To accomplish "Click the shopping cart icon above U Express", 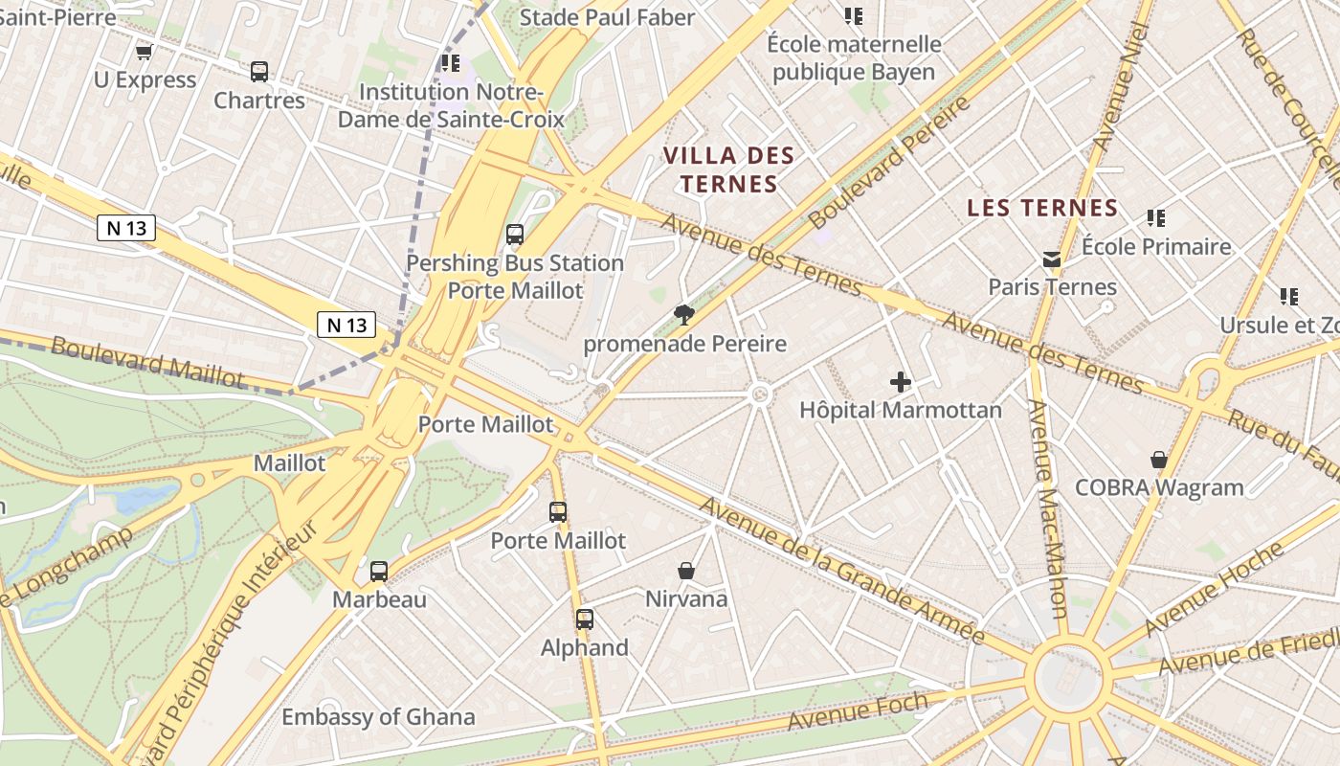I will (144, 52).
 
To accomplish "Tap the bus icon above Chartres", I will (259, 72).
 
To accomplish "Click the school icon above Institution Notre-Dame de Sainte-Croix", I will (450, 63).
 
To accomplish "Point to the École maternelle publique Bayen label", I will (854, 57).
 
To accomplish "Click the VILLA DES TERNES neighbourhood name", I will (728, 169).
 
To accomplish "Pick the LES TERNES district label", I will (1042, 208).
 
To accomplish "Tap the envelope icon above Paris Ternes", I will (1052, 259).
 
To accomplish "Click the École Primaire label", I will (1156, 246).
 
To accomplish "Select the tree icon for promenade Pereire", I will (683, 314).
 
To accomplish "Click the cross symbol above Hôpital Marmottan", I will (901, 382).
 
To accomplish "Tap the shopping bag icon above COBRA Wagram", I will (1159, 460).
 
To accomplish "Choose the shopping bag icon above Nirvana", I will (686, 571).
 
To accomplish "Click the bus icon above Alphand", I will (585, 620).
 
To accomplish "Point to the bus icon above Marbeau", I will (379, 572).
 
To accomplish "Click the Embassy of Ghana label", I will (377, 716).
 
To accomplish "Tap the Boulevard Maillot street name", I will (147, 361).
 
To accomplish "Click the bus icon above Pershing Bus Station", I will (515, 235).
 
